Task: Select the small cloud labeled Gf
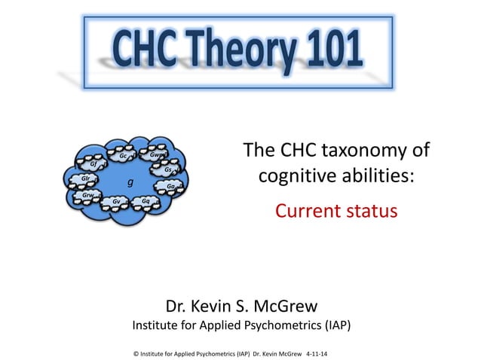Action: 93,164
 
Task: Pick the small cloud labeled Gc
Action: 123,157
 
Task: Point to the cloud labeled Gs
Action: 167,169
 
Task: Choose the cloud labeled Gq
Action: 145,202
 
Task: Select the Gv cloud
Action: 116,203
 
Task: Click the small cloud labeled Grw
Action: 88,195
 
